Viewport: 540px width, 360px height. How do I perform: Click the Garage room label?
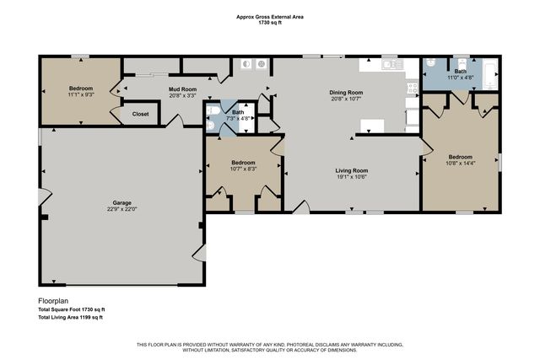pos(123,203)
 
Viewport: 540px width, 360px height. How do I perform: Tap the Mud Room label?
pos(182,88)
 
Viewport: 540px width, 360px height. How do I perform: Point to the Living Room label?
pos(349,170)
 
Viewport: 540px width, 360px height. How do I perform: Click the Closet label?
pos(140,113)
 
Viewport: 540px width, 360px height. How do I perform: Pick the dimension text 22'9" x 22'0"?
pos(123,211)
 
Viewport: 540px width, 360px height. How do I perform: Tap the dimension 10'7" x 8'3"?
pos(243,168)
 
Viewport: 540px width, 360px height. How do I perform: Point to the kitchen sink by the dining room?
pos(389,65)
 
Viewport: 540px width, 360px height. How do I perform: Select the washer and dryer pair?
pos(253,64)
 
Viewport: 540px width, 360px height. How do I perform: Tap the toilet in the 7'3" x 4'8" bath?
pos(215,110)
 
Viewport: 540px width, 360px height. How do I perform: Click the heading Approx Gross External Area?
pos(270,15)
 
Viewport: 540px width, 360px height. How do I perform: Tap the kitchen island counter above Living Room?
pos(372,126)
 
